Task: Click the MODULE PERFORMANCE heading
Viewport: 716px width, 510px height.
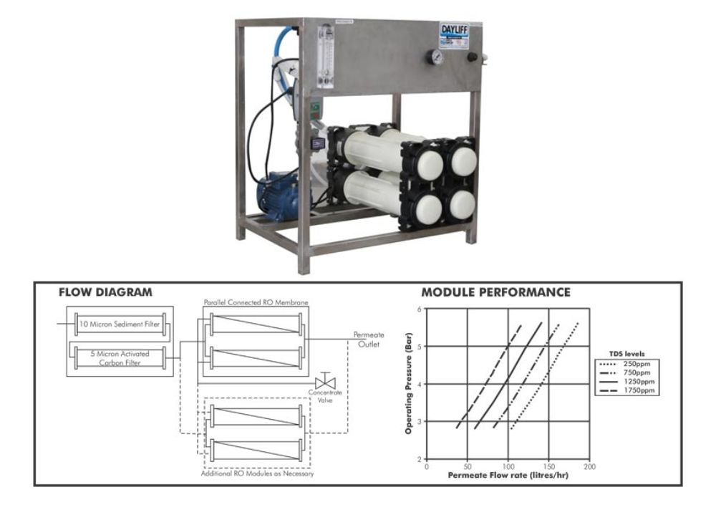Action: tap(495, 293)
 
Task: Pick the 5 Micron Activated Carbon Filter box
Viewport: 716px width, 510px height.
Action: tap(120, 356)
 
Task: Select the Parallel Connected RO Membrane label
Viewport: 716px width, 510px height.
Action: tap(255, 303)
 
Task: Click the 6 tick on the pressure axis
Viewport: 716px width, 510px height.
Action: tap(419, 309)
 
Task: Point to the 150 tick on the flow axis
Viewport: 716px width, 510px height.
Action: tap(548, 466)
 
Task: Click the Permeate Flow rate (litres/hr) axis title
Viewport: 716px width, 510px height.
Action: tap(508, 475)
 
